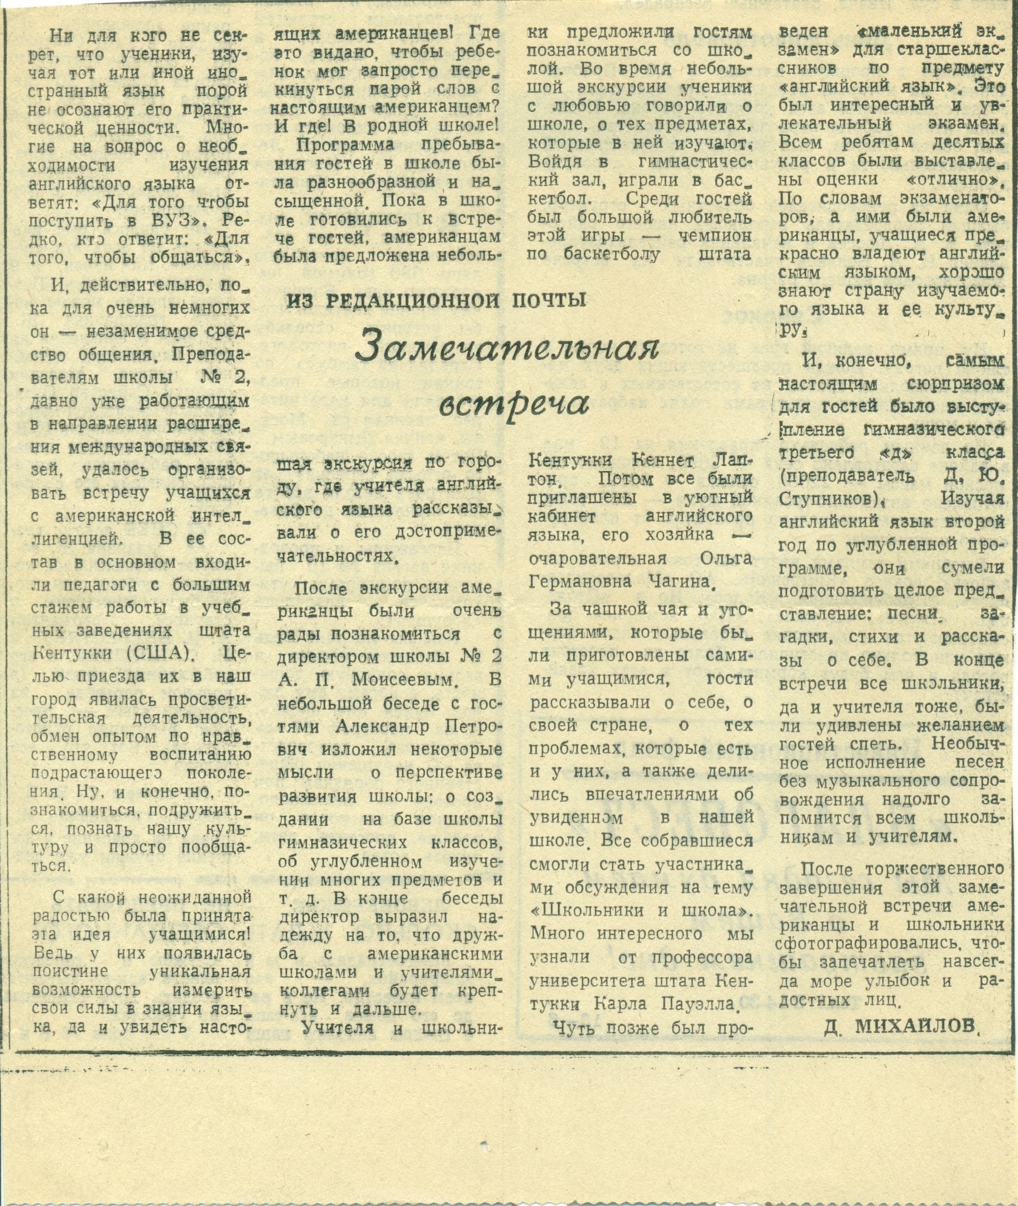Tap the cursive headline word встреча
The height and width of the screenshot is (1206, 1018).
click(514, 405)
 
